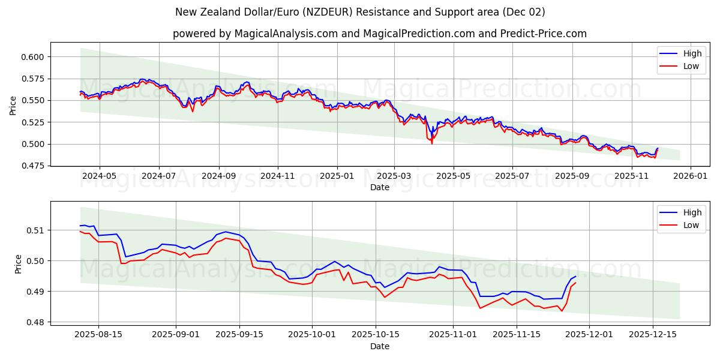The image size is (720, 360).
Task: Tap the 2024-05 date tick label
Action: tap(99, 176)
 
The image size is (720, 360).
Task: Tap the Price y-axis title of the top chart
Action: tap(13, 106)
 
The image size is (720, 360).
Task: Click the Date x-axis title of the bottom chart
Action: tap(379, 346)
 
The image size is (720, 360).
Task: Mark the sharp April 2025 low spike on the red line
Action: tap(431, 143)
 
